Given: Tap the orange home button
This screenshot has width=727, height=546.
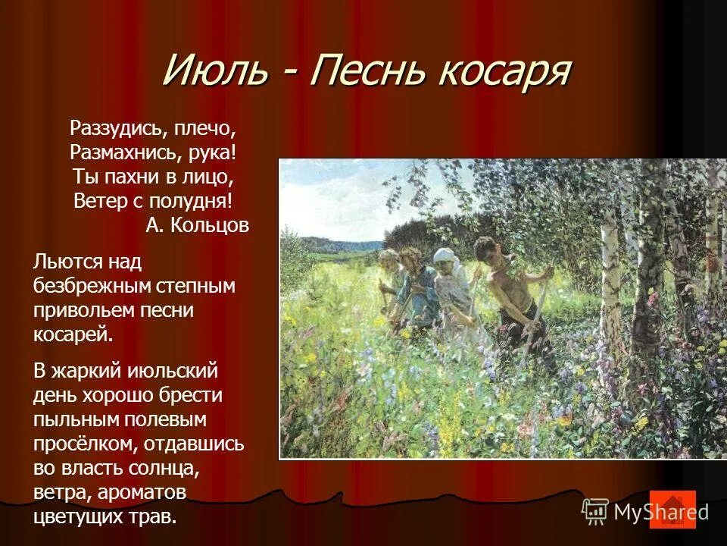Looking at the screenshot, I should [x=672, y=510].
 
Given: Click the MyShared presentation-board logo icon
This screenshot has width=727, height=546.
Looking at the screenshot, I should [x=595, y=511].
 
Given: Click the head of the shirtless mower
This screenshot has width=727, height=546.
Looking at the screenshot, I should [x=485, y=249].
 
